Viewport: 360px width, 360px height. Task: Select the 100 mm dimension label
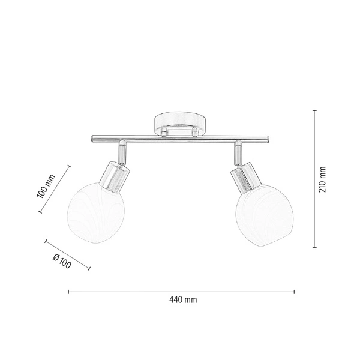pos(46,187)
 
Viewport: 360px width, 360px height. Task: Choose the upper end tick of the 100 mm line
pos(71,165)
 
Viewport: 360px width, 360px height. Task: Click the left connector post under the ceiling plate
pos(163,131)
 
